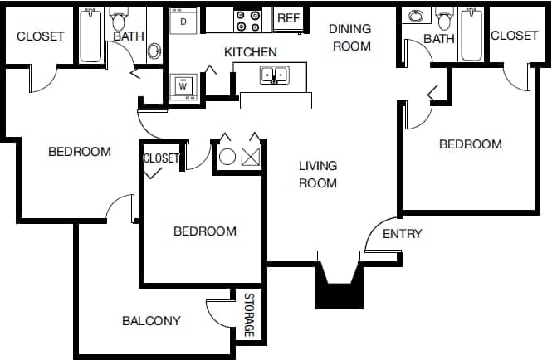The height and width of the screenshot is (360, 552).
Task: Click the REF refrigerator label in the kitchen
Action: (x=288, y=18)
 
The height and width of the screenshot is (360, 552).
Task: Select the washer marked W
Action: (x=182, y=85)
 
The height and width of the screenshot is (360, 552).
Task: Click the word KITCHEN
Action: (x=251, y=52)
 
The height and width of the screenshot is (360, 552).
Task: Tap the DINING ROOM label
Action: (x=351, y=37)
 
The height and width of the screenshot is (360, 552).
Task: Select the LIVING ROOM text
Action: (x=318, y=174)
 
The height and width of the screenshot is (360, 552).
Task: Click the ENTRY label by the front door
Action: (x=402, y=234)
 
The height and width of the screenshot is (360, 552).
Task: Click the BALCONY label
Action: (x=151, y=320)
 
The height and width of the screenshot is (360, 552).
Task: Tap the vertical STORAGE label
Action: (x=249, y=315)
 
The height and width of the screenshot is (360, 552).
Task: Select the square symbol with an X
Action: (x=251, y=155)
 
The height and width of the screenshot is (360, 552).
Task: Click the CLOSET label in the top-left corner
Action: (x=41, y=36)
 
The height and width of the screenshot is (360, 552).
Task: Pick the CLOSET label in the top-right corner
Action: (x=514, y=35)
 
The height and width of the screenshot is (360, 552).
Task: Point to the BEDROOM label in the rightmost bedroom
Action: (x=470, y=144)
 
